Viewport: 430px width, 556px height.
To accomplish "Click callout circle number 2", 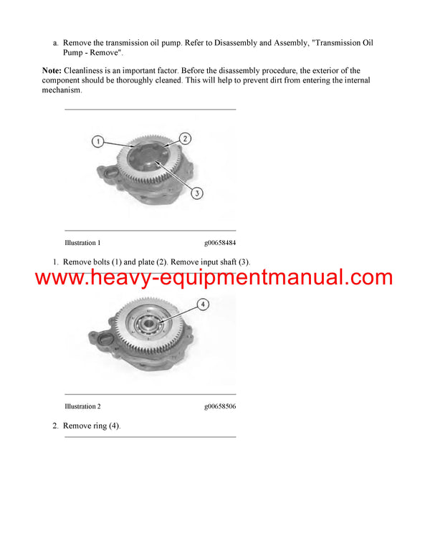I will tap(184, 138).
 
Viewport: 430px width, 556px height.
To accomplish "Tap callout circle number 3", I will tap(198, 192).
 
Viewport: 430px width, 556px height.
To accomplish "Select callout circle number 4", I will tap(204, 305).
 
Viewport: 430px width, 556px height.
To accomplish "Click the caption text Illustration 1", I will tap(82, 243).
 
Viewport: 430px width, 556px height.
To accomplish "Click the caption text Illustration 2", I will tap(82, 406).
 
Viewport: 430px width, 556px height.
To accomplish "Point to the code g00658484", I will tap(219, 243).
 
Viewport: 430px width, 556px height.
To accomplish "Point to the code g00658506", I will tap(219, 406).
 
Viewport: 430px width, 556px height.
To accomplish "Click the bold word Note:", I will tap(52, 71).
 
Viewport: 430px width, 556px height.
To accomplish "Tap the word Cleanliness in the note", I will tap(85, 71).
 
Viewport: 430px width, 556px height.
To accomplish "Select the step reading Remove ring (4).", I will tap(92, 426).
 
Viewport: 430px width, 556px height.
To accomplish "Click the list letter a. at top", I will tap(56, 43).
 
